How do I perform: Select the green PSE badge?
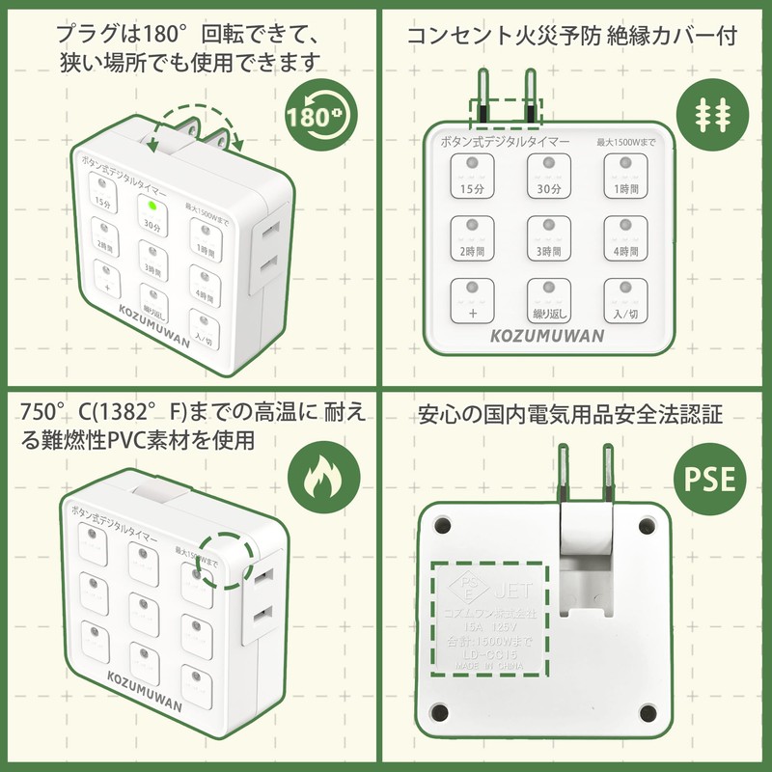[709, 479]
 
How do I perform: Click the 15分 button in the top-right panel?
[473, 176]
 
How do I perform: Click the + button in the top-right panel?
[473, 300]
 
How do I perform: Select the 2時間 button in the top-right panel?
[473, 237]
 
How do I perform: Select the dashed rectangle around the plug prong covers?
[504, 113]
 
